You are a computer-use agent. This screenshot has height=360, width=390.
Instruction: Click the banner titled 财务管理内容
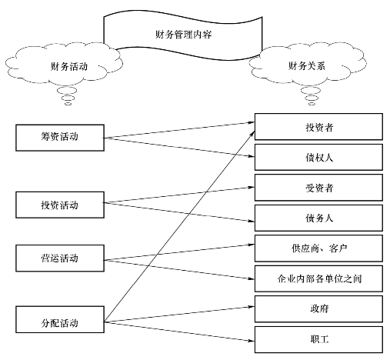point(183,35)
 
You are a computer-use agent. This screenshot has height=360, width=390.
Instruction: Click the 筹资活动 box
point(60,138)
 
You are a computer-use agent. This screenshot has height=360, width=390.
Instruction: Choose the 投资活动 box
point(60,205)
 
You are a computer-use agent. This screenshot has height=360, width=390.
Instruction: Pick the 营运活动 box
point(60,258)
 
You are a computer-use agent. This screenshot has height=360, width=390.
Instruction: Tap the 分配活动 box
point(60,319)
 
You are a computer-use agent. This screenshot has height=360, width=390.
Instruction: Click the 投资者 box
point(318,127)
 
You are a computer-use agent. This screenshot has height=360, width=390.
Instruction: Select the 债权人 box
point(318,157)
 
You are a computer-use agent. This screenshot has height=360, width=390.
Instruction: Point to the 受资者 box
point(318,188)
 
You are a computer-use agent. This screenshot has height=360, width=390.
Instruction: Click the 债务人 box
point(318,218)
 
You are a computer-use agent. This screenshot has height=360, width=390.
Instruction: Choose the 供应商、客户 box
point(318,248)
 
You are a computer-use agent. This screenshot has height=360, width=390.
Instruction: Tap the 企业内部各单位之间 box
point(318,278)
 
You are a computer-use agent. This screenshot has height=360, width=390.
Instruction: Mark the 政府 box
point(318,309)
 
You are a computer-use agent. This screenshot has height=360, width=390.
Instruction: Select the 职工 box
point(318,339)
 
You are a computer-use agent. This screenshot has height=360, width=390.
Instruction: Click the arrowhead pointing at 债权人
point(251,156)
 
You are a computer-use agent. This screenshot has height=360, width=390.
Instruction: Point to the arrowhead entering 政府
point(251,307)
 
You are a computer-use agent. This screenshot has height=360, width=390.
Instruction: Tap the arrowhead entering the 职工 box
point(251,341)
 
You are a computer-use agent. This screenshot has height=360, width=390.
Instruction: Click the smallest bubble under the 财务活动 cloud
point(68,104)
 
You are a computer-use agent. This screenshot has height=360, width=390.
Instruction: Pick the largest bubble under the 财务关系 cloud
point(311,91)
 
